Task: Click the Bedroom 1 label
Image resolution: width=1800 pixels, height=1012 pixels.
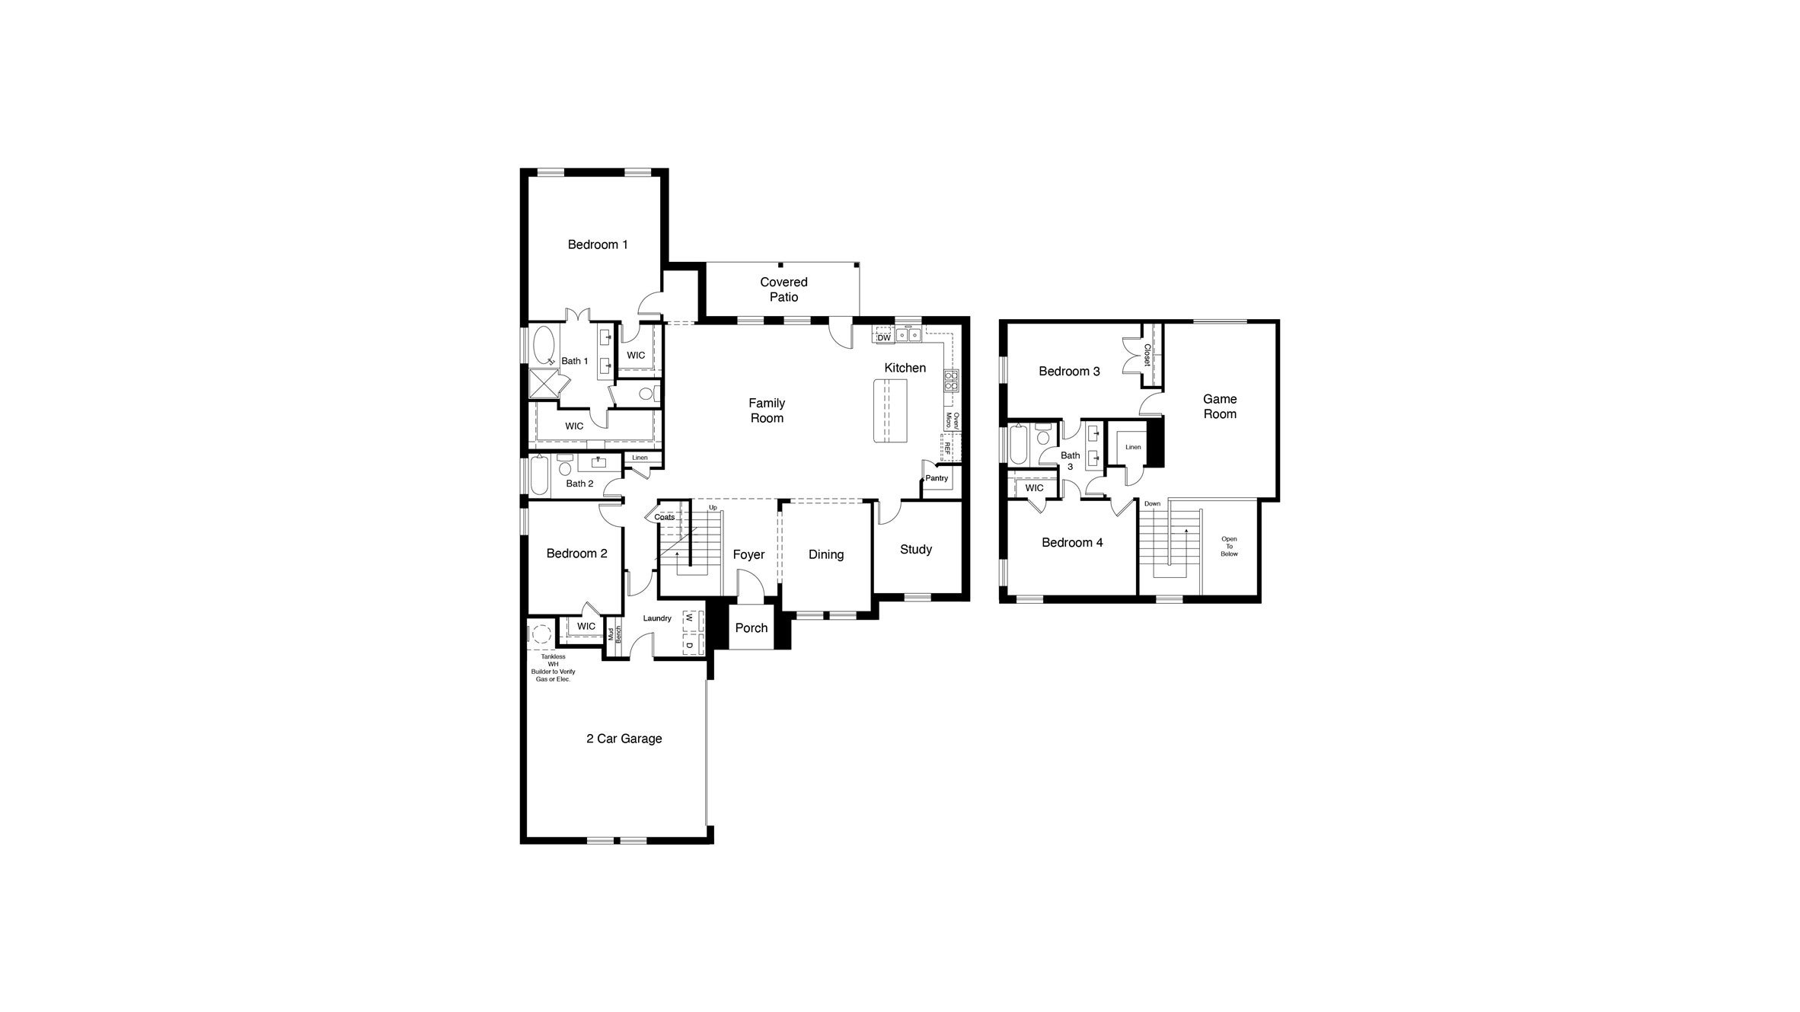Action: [598, 244]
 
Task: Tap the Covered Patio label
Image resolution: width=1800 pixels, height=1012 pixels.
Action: [784, 289]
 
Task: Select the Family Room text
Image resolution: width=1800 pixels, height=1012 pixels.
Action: [767, 410]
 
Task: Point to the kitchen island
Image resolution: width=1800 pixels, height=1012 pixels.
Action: [891, 410]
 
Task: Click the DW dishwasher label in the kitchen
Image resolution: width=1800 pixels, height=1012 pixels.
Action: [883, 338]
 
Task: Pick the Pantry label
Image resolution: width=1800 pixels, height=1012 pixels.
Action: [937, 478]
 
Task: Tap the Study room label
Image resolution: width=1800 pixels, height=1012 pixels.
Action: [915, 549]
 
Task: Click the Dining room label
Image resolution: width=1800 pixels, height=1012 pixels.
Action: [826, 554]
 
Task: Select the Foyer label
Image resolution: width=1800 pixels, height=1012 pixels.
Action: [748, 554]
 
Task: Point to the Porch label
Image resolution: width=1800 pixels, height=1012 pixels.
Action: [752, 627]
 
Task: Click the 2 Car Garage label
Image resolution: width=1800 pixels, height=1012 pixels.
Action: [624, 739]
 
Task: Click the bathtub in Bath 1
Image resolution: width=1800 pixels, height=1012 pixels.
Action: [544, 346]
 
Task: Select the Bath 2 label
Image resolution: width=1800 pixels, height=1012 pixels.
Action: [579, 484]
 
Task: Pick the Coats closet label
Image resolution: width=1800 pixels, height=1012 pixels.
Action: [664, 517]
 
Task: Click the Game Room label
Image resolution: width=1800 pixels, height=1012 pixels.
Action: [1220, 406]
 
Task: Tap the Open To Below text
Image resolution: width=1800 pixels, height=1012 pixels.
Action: [1229, 546]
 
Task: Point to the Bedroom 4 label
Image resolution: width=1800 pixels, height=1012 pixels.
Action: [1072, 542]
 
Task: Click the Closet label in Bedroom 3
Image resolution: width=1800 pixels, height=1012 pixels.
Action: [1147, 355]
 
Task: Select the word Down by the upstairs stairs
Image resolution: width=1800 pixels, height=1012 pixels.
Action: [1152, 503]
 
